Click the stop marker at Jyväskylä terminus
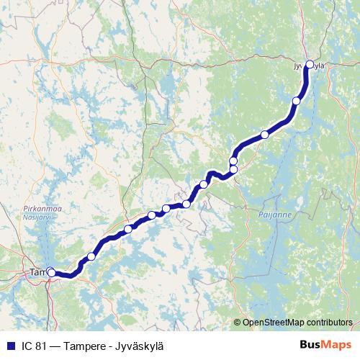310,64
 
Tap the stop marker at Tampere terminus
51,272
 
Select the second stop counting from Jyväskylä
296,101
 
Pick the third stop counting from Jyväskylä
265,135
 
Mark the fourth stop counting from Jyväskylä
233,160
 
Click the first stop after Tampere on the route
91,257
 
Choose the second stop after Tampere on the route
128,230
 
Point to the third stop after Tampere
152,215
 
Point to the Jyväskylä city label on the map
309,66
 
